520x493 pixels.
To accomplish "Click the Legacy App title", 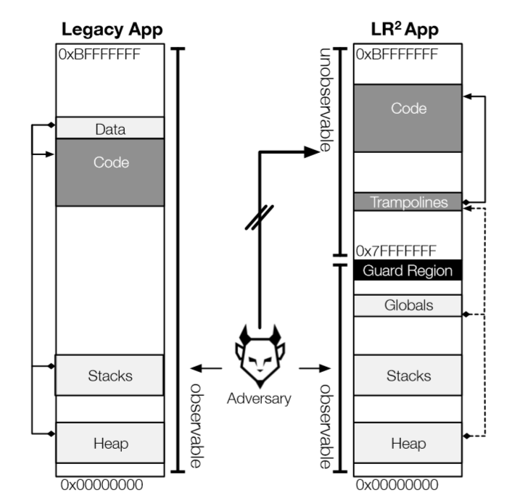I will (x=112, y=30).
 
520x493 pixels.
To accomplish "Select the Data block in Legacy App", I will (x=110, y=130).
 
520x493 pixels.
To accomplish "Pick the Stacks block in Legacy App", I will (x=110, y=375).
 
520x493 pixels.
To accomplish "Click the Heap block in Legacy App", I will (x=110, y=443).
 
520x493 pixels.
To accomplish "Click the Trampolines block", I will (x=408, y=202).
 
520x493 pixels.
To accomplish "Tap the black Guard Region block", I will (x=408, y=271).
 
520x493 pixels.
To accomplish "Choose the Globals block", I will (x=408, y=305).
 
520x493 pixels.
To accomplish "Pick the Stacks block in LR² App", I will (x=408, y=375).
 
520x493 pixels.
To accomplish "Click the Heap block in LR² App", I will (x=408, y=443).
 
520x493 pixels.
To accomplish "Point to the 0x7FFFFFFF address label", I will (x=396, y=252).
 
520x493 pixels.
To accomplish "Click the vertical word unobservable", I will (x=325, y=101).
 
